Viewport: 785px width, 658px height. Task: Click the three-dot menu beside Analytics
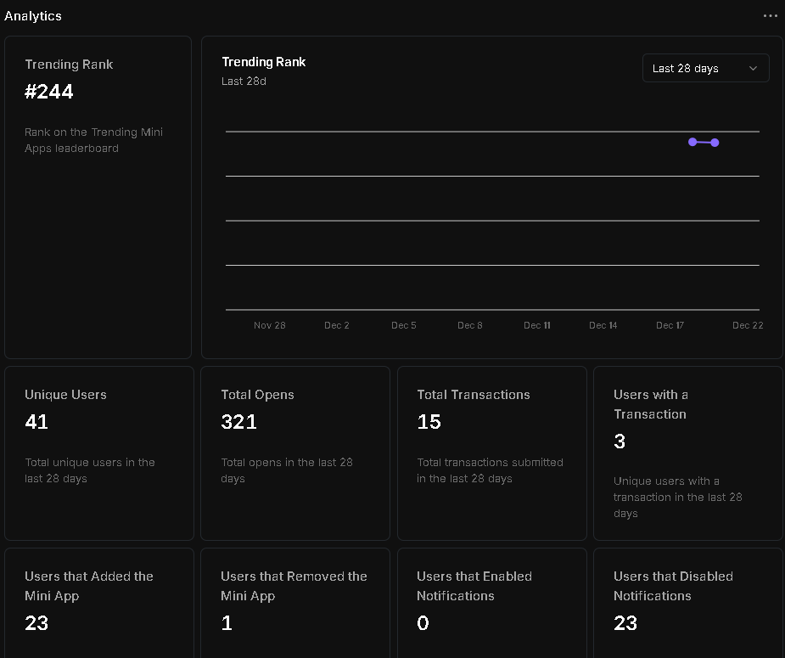(x=770, y=16)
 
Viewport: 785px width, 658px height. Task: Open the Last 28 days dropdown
(x=705, y=69)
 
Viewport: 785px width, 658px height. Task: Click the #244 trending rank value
(x=49, y=92)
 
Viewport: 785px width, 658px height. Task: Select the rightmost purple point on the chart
(x=715, y=143)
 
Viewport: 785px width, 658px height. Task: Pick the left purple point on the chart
(x=692, y=142)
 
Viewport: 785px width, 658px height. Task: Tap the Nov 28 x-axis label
(x=270, y=325)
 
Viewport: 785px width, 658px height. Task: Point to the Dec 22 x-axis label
(x=748, y=325)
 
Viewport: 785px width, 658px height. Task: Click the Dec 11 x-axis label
(x=537, y=325)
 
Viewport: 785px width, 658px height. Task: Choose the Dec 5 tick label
(x=404, y=325)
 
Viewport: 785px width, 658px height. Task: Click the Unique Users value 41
(x=36, y=422)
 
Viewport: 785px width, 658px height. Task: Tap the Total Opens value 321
(x=238, y=422)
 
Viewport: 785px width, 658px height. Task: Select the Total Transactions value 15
(x=429, y=422)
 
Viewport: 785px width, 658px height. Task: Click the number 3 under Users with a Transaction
(x=620, y=441)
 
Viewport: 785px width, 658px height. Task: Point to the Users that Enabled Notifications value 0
(x=423, y=623)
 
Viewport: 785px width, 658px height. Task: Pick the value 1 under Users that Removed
(x=227, y=623)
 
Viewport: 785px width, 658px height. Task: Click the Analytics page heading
(x=33, y=16)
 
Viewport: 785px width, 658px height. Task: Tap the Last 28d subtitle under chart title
(x=244, y=82)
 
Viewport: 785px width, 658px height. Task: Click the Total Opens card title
(x=257, y=395)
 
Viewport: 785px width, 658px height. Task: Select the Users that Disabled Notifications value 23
(x=625, y=623)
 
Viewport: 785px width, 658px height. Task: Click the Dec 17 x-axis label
(x=670, y=325)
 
